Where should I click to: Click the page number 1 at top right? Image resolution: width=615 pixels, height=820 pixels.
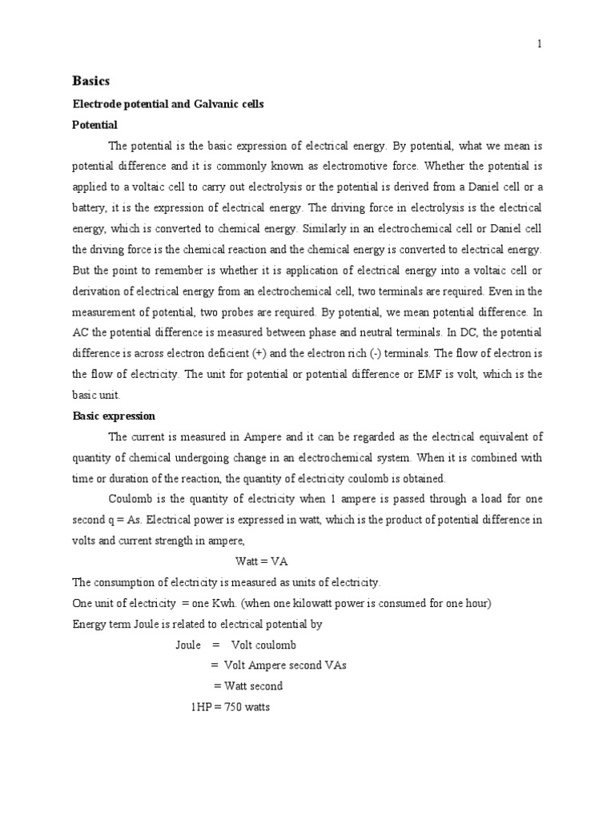(540, 45)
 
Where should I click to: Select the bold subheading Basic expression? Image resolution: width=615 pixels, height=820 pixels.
(114, 416)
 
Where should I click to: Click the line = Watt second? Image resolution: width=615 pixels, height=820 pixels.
(248, 686)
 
